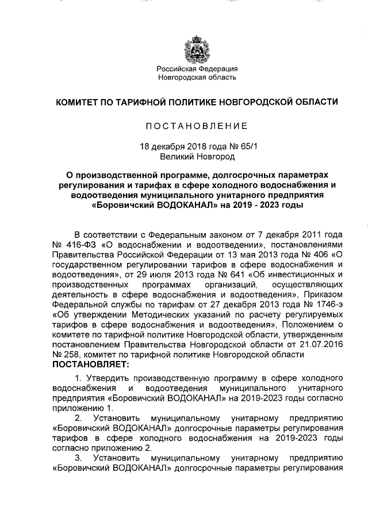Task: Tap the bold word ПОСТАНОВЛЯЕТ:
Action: coord(91,364)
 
